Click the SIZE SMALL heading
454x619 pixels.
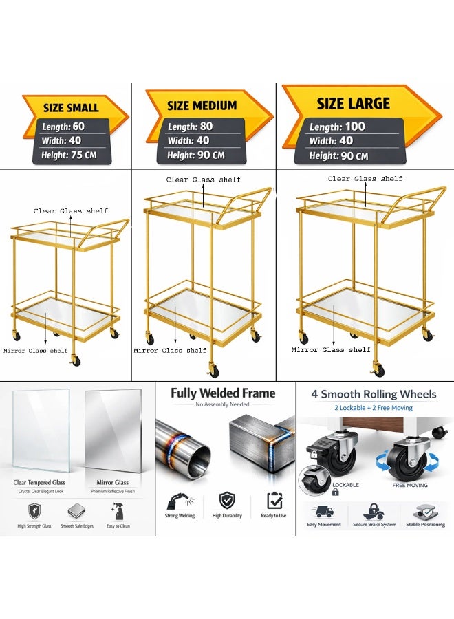71,108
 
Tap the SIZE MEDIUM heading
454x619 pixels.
202,106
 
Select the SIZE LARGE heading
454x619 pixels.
354,103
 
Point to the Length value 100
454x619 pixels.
355,127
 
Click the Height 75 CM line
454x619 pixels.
69,155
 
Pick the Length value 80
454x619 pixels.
206,127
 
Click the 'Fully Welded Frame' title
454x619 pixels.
223,393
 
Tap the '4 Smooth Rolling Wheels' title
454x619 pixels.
374,394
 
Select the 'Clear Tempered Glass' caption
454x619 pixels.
39,482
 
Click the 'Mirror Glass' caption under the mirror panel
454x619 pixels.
113,482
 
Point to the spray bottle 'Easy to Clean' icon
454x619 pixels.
117,511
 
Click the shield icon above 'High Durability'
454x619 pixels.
227,501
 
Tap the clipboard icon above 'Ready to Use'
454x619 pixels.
274,501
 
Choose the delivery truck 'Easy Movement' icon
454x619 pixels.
324,512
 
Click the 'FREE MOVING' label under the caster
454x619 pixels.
410,485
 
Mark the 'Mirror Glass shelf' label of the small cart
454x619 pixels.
36,351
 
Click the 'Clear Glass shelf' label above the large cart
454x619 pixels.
365,179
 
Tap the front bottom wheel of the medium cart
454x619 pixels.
213,371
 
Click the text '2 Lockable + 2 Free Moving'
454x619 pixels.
374,408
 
